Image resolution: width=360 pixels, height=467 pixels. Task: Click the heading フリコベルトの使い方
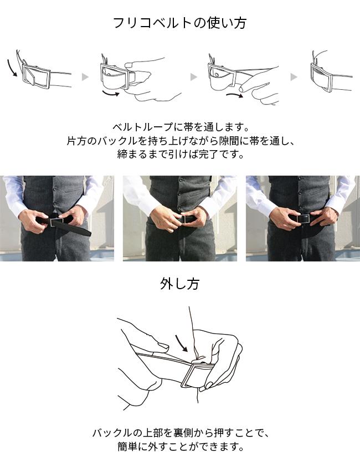[x=180, y=23]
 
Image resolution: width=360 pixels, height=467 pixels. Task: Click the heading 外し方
[x=179, y=284]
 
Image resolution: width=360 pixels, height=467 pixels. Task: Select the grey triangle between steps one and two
[x=85, y=77]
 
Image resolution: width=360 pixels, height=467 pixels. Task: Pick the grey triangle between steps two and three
[x=194, y=77]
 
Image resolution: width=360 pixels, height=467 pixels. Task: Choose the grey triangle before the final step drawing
[x=294, y=77]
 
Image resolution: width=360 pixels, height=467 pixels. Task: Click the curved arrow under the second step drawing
[x=110, y=93]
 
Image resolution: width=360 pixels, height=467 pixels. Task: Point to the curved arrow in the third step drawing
[x=235, y=96]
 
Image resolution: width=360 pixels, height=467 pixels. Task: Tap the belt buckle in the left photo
[x=56, y=222]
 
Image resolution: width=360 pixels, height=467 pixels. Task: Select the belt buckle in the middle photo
[x=183, y=219]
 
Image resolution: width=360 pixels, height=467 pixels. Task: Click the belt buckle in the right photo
[x=304, y=219]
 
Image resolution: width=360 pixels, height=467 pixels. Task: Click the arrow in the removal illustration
[x=181, y=343]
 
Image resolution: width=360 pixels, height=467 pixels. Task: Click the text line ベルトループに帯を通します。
[x=181, y=127]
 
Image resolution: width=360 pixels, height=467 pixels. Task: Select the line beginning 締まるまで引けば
[x=181, y=154]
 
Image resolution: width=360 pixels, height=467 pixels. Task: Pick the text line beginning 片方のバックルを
[x=181, y=141]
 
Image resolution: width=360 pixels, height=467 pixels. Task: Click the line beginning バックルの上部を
[x=181, y=433]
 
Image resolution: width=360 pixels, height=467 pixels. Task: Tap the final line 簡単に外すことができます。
[x=181, y=447]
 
